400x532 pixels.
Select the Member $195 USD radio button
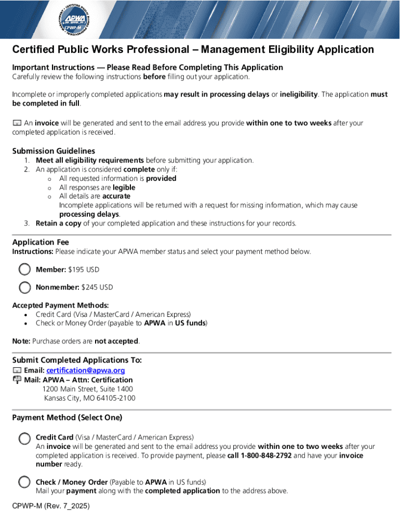(24, 270)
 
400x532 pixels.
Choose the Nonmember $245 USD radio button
(24, 287)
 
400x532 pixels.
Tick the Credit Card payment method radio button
(24, 438)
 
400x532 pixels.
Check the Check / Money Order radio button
(24, 482)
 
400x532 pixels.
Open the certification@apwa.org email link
(86, 370)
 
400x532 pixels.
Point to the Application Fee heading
(41, 242)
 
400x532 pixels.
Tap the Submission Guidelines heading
(54, 151)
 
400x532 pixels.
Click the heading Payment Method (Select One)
(67, 418)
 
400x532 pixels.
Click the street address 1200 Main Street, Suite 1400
(88, 389)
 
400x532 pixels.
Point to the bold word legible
(124, 188)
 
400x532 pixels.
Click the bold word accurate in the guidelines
(116, 196)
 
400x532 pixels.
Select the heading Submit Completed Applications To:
(77, 360)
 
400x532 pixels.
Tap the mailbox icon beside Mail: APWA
(17, 380)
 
